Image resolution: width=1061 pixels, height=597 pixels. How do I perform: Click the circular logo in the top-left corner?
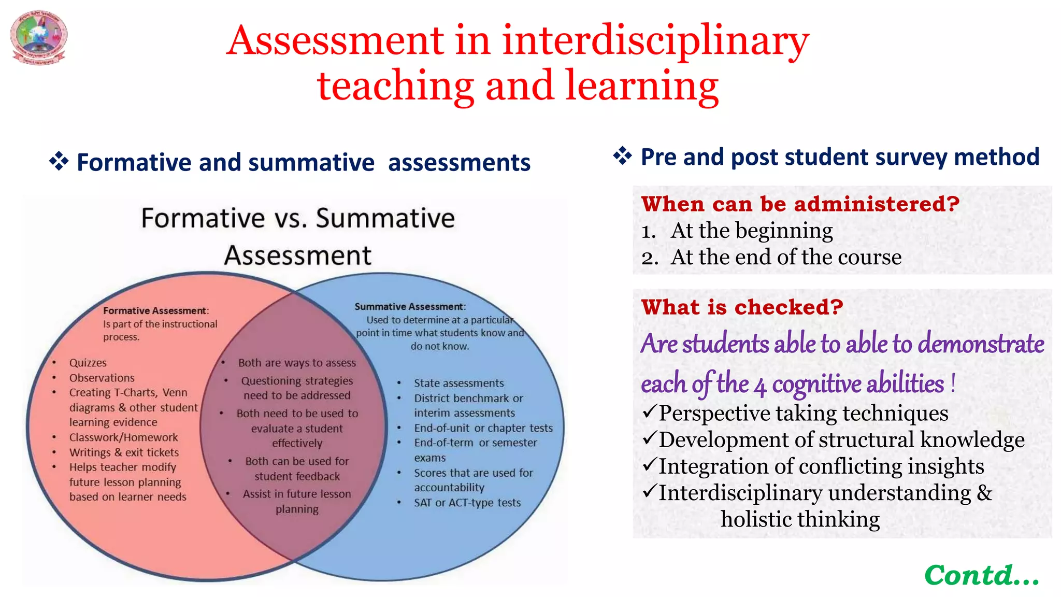coord(39,37)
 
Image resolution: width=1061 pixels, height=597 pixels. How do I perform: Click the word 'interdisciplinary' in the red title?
coord(655,41)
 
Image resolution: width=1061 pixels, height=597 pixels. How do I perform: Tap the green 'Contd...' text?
coord(982,575)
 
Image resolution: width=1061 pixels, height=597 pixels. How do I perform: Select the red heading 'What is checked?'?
coord(742,307)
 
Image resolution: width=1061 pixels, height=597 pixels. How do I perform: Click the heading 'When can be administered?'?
coord(800,204)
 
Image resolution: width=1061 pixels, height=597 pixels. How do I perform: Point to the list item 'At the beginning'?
coord(751,231)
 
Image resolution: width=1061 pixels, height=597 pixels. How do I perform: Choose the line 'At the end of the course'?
coord(785,257)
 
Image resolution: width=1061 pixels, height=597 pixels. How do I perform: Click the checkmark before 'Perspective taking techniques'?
coord(650,412)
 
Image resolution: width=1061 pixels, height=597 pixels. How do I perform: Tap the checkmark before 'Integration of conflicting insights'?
coord(650,465)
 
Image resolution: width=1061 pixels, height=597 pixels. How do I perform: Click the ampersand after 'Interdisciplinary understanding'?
coord(984,492)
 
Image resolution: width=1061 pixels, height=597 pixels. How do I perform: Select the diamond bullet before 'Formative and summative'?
coord(59,162)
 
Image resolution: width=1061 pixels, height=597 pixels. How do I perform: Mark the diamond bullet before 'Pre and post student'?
coord(623,155)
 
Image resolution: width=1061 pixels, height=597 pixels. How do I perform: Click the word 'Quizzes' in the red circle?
coord(88,363)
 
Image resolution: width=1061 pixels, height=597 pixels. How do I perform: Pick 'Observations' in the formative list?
coord(102,378)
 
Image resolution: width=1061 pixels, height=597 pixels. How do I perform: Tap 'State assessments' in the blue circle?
coord(458,383)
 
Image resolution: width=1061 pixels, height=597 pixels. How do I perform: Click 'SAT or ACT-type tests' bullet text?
coord(467,503)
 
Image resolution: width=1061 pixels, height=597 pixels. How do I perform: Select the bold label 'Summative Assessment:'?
coord(410,307)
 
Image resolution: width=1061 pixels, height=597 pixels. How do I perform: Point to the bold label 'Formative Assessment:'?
coord(155,311)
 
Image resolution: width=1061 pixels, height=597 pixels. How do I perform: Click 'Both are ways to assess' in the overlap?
coord(297,363)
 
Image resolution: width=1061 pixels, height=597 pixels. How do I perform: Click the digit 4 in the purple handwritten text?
coord(760,387)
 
